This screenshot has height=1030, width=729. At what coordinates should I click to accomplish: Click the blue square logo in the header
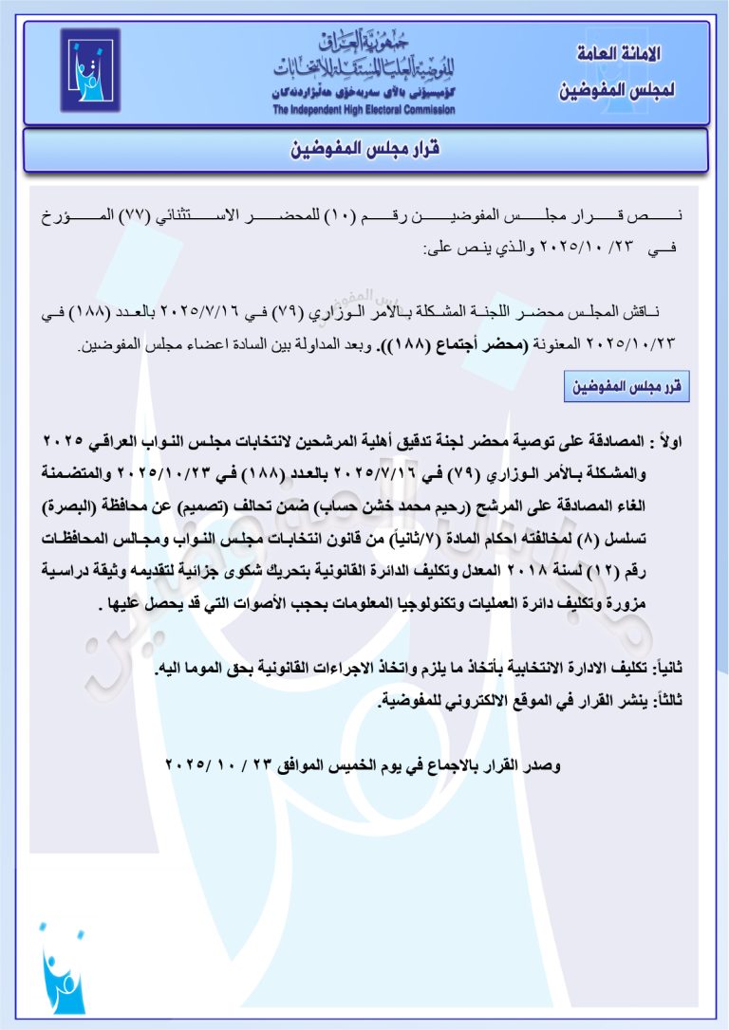pos(91,71)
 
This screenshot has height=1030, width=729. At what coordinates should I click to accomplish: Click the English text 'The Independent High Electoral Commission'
pos(364,110)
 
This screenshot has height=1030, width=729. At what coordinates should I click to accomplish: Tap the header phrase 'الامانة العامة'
pos(618,54)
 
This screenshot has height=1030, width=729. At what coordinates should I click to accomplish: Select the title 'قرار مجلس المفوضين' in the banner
pos(364,150)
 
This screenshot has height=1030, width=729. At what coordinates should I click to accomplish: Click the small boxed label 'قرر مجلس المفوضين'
pos(626,387)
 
